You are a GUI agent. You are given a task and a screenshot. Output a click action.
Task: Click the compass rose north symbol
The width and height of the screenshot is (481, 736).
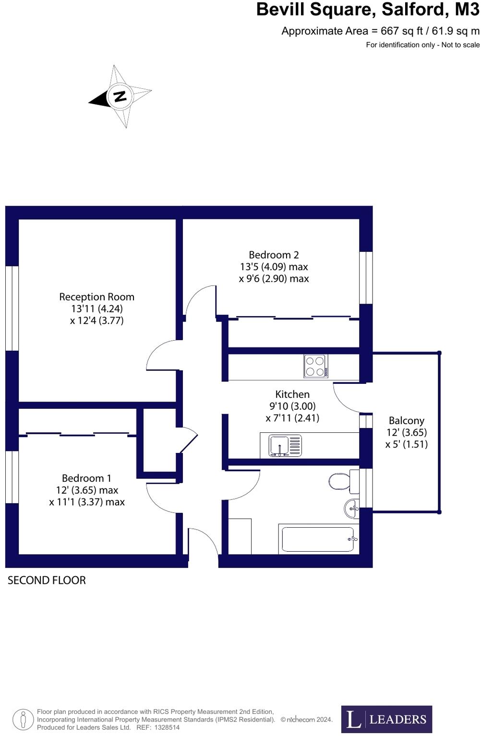[x=120, y=96]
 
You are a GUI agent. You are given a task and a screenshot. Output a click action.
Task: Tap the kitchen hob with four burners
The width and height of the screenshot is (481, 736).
[x=316, y=366]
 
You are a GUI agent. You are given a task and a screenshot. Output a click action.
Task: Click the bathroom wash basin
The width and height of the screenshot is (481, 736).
[x=351, y=508]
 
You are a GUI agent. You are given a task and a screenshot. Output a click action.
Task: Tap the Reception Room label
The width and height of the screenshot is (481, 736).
[x=96, y=297]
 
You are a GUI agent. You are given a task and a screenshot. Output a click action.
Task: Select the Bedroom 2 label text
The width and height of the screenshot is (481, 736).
[x=274, y=255]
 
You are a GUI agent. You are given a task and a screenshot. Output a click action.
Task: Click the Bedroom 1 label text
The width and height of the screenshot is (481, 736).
[x=86, y=478]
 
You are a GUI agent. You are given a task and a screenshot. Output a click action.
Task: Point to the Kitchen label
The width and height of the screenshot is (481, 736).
[x=292, y=394]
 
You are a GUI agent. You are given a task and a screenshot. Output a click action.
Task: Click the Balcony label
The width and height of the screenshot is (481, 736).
[x=406, y=421]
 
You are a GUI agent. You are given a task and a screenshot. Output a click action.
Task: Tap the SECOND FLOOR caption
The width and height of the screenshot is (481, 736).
[x=47, y=581]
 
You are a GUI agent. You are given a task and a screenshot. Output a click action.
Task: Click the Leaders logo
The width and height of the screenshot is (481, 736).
[x=386, y=719]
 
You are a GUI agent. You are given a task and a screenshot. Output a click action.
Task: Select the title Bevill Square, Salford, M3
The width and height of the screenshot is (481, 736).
[x=367, y=10]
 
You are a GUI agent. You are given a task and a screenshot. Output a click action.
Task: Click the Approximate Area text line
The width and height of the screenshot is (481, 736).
[x=380, y=31]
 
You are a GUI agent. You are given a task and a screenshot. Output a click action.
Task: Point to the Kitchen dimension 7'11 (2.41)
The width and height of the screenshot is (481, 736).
[x=292, y=418]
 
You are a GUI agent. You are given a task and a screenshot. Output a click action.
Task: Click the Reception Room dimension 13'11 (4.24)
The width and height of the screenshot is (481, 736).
[x=96, y=309]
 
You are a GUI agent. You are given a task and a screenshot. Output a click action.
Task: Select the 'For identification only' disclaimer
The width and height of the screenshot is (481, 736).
[x=422, y=45]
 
